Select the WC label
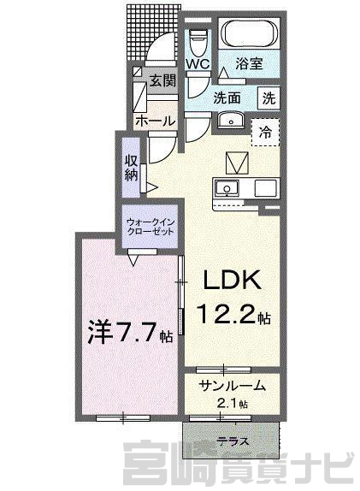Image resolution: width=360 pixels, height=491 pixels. coord(198,64)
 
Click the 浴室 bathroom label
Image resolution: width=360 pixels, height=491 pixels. coord(249,63)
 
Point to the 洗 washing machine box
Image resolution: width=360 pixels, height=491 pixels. coord(269,98)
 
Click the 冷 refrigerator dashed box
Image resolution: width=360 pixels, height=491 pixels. coord(265,133)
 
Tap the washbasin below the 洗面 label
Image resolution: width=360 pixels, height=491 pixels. coord(232,121)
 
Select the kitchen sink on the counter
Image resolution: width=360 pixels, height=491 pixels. coord(226,188)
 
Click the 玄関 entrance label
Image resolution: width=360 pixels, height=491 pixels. coord(162,81)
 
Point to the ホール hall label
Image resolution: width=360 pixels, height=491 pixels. coord(155,121)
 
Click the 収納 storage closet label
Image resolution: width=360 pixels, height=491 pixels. coord(132,168)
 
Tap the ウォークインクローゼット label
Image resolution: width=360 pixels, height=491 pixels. coord(150,227)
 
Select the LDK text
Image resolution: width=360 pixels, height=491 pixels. coord(232,280)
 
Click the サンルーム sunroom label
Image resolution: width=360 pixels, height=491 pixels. coord(232,386)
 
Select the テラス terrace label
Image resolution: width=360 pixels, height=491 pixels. coord(233,441)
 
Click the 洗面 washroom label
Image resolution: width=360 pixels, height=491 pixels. coord(227,98)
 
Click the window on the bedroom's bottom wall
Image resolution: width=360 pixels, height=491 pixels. coord(123,417)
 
